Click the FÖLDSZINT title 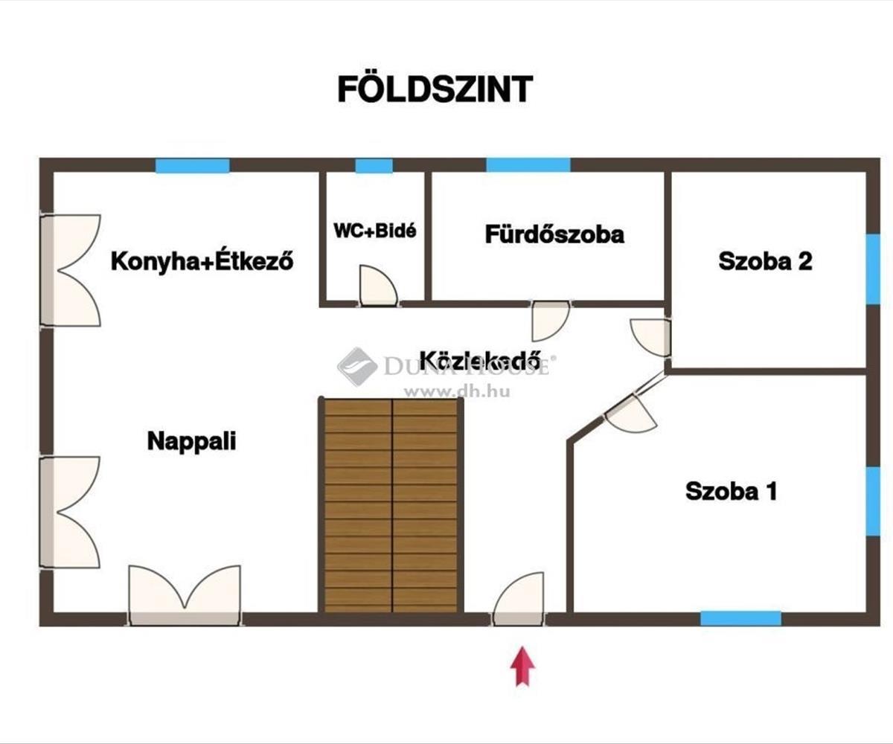(435, 89)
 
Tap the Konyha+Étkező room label (202, 261)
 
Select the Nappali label (191, 440)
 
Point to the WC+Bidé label (374, 230)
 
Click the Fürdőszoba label (554, 234)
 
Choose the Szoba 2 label (764, 261)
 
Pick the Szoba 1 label (731, 491)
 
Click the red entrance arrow (522, 665)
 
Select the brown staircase (391, 506)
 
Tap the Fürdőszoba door (549, 320)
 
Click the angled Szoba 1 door (630, 413)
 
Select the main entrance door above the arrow (519, 599)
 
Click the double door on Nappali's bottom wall (185, 595)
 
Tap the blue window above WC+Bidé (374, 166)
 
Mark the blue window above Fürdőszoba (528, 165)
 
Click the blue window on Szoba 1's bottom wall (740, 618)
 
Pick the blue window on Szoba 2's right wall (873, 269)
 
